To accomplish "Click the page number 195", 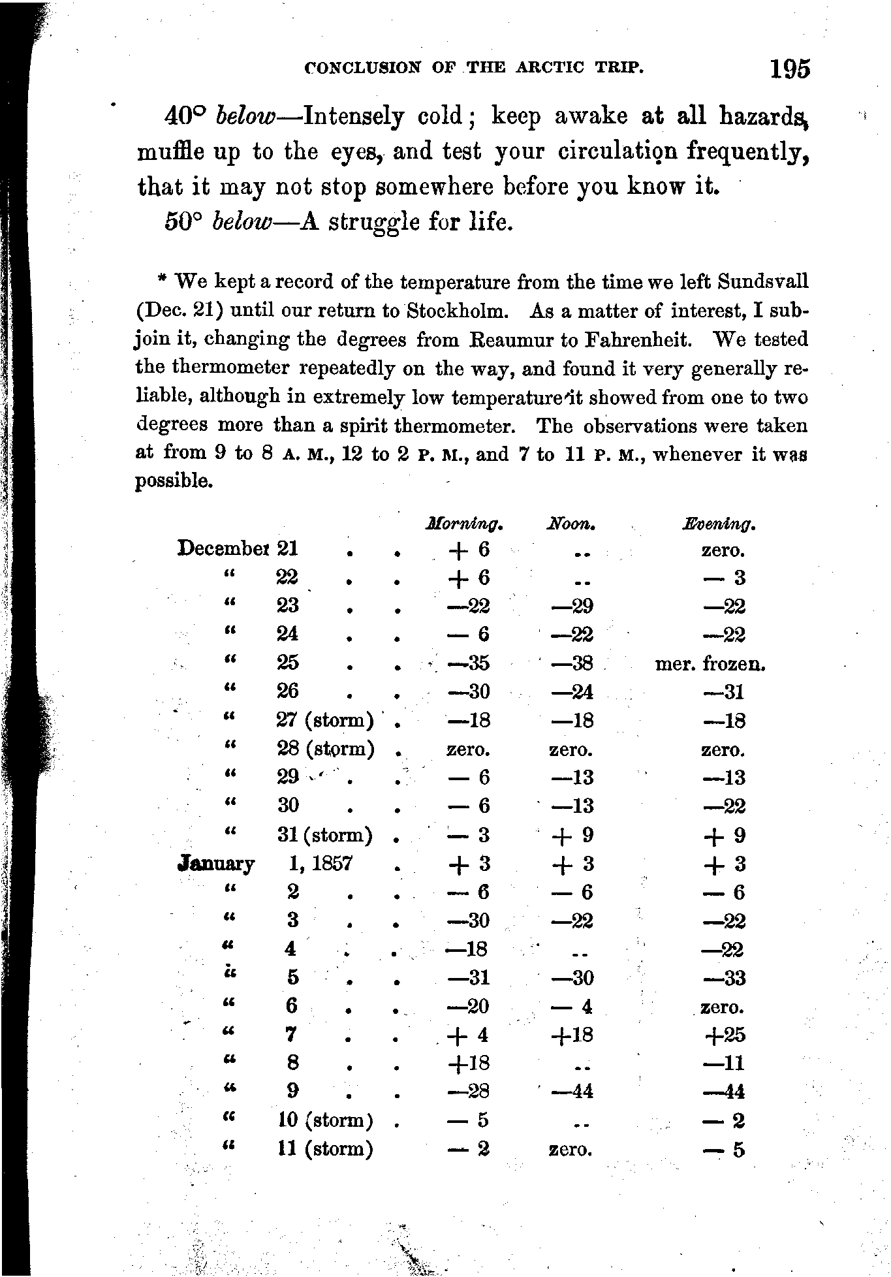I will pyautogui.click(x=789, y=69).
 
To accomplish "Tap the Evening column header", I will pyautogui.click(x=719, y=524).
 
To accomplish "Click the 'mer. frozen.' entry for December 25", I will pyautogui.click(x=710, y=664).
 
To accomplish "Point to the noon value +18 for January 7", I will pyautogui.click(x=572, y=1035).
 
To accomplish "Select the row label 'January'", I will pyautogui.click(x=216, y=864).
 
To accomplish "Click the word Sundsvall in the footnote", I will pyautogui.click(x=762, y=282).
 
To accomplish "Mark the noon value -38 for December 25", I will pyautogui.click(x=572, y=663).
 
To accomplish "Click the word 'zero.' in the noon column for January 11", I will pyautogui.click(x=571, y=1150).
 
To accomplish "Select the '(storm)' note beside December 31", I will pyautogui.click(x=339, y=835).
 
